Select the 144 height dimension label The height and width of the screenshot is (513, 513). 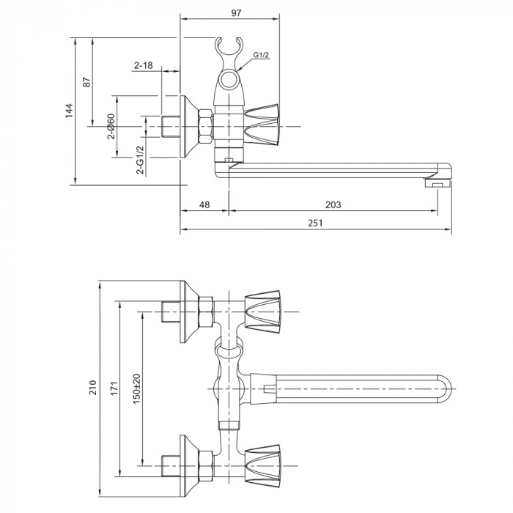68,111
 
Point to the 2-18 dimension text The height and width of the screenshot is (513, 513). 143,65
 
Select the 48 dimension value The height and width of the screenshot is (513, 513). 204,206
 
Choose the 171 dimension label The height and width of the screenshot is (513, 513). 114,387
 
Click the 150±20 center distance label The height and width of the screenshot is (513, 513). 136,387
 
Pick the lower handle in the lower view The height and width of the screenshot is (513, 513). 264,462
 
